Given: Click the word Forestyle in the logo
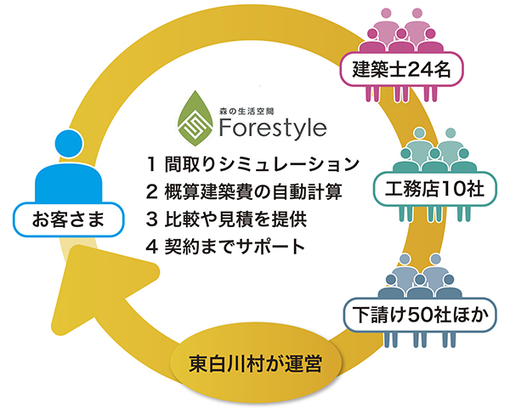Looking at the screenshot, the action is pos(273,128).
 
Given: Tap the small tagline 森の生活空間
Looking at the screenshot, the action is pos(246,111).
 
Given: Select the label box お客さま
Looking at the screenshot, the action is pos(69,219).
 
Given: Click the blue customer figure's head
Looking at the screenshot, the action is pos(69,144).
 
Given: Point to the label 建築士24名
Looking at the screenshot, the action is pos(401,69).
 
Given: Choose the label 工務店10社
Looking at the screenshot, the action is pos(435,189).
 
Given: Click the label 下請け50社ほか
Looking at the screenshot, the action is pos(420,315).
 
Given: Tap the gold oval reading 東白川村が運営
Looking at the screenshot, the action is pos(255,363).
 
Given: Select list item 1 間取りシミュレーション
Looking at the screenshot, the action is pos(252,164).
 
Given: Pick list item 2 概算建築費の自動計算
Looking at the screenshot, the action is pos(244,191).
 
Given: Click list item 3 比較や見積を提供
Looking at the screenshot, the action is pos(226,219).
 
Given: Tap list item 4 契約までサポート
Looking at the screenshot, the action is pos(225,247).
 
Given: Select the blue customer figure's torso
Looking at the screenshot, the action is pos(69,183).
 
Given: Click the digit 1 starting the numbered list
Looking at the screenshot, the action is pos(151,164).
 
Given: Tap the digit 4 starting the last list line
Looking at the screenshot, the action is pos(152,247).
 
